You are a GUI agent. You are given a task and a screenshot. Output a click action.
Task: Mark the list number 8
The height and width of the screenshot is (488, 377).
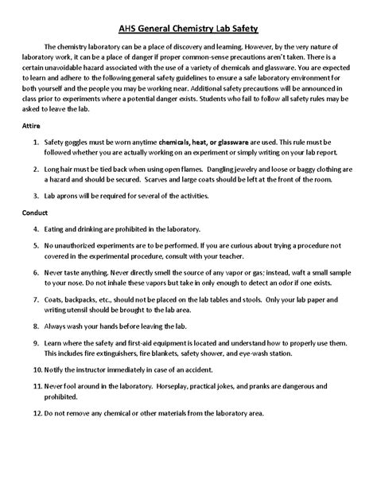coord(49,349)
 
